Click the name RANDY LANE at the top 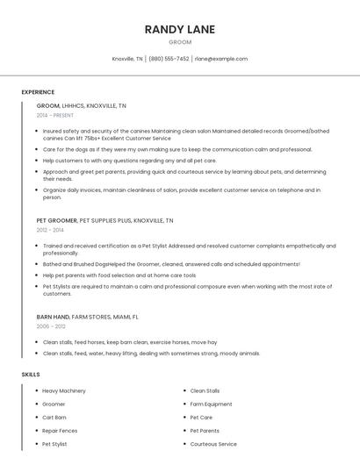[x=180, y=29]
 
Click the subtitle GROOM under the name [x=180, y=41]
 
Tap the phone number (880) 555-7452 [x=169, y=59]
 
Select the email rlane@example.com [x=221, y=59]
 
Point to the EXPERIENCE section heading [x=38, y=92]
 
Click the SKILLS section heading [x=30, y=375]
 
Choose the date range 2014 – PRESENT [x=56, y=115]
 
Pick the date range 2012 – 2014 [x=50, y=230]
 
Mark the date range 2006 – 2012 [x=51, y=325]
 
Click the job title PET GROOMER [x=56, y=221]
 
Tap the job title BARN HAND [x=54, y=317]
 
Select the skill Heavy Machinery [x=64, y=390]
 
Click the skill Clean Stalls [x=205, y=390]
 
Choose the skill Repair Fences [x=60, y=431]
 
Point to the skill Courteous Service [x=213, y=444]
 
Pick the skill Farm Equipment [x=211, y=404]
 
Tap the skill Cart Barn [x=54, y=418]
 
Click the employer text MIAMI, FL [x=124, y=317]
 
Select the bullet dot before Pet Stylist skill [x=36, y=444]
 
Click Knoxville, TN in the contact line [x=127, y=59]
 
